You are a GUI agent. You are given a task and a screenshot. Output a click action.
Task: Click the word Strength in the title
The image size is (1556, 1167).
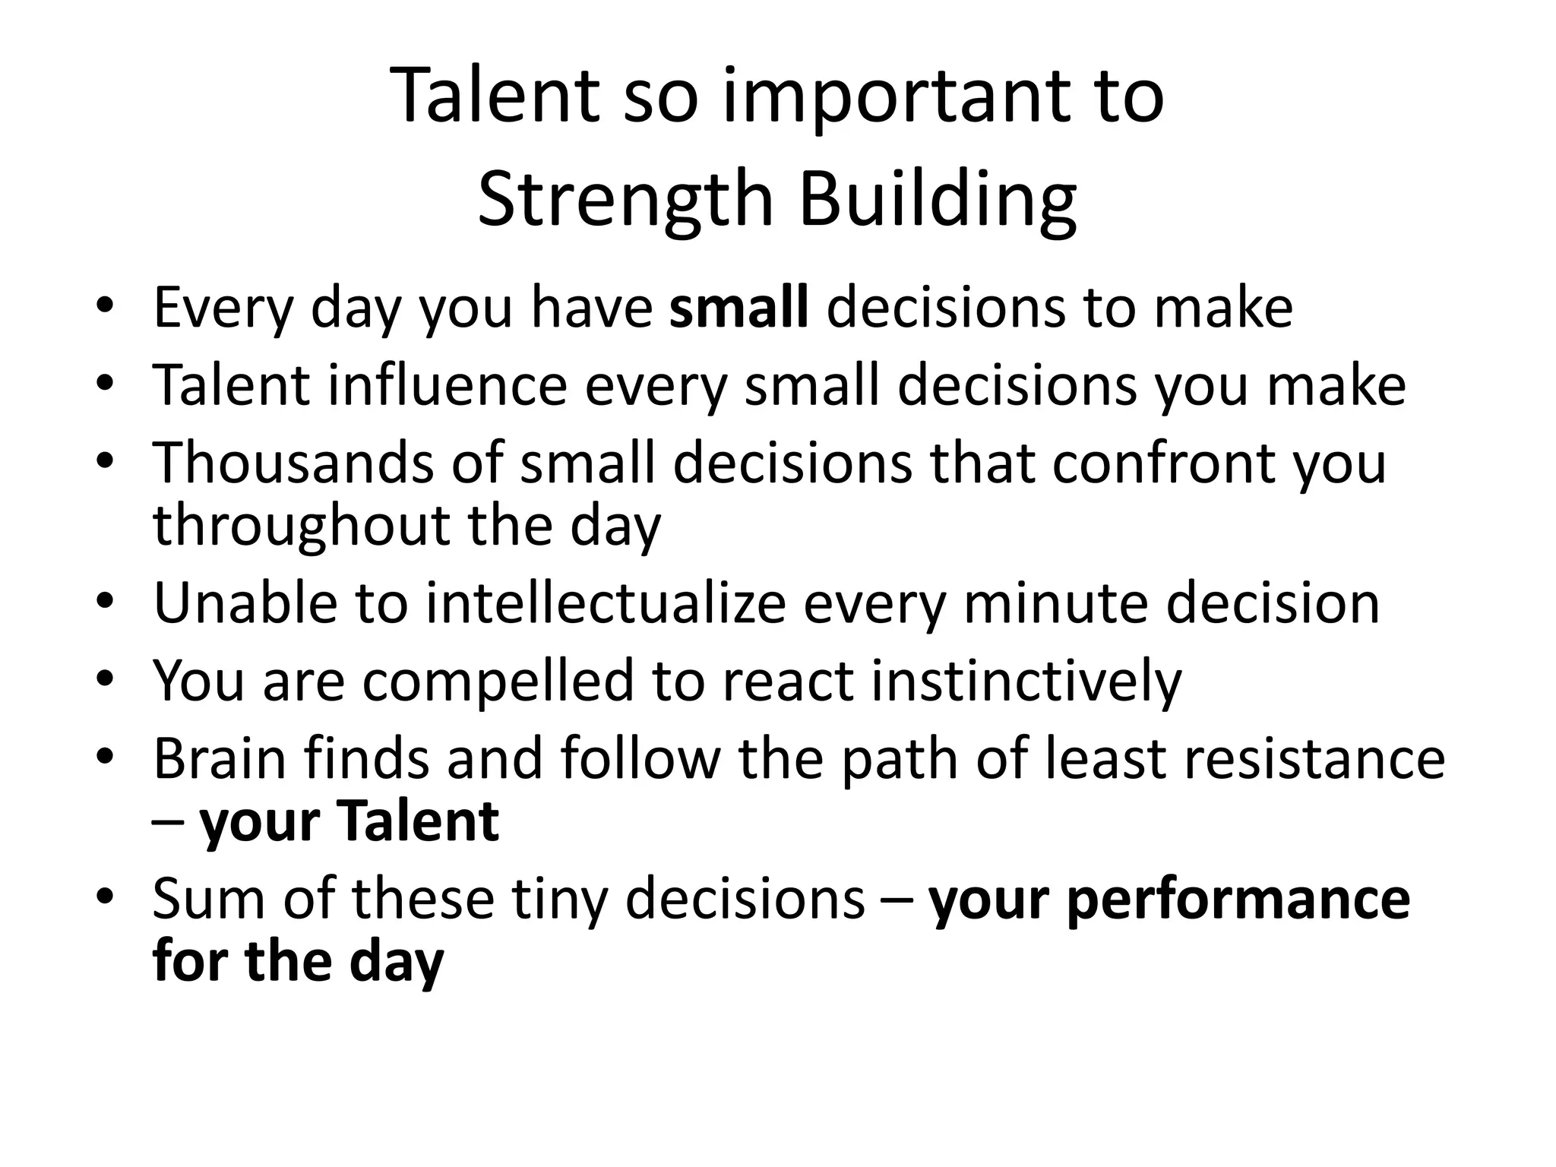pyautogui.click(x=625, y=199)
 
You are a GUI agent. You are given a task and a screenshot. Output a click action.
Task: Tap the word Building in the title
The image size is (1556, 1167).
pyautogui.click(x=937, y=199)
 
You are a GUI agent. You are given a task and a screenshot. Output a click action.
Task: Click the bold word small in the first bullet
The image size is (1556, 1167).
pyautogui.click(x=738, y=308)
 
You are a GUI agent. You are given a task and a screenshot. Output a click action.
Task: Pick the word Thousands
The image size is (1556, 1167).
pyautogui.click(x=293, y=463)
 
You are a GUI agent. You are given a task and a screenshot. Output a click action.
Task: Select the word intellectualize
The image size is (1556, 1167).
pyautogui.click(x=606, y=603)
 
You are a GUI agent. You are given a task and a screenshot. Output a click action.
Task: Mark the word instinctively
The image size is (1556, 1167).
pyautogui.click(x=1026, y=681)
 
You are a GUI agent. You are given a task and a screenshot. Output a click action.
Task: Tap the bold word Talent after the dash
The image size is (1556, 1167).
pyautogui.click(x=417, y=821)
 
